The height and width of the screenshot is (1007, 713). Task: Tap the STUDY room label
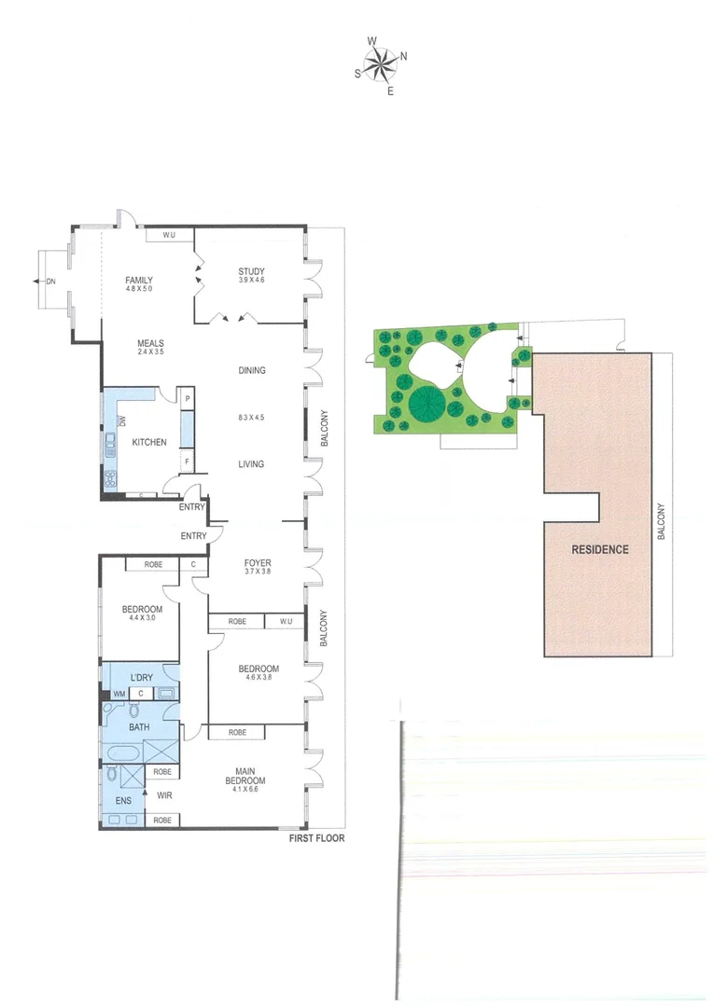click(251, 271)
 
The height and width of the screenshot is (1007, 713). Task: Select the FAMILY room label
click(139, 280)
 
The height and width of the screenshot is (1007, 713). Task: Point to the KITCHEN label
click(149, 442)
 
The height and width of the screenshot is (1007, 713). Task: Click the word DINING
click(251, 370)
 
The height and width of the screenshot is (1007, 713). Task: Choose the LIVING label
click(251, 463)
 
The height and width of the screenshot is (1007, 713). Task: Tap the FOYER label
click(257, 563)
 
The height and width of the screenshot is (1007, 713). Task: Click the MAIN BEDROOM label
click(251, 776)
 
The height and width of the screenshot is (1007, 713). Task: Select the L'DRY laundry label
click(142, 676)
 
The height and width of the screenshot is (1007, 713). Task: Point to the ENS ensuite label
click(123, 801)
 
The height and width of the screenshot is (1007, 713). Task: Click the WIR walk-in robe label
click(163, 796)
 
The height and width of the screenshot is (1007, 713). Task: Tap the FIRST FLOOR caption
click(317, 838)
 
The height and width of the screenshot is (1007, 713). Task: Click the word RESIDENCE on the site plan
click(600, 549)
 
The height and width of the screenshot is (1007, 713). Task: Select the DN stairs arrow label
click(51, 280)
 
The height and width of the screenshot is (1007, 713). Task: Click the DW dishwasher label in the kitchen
click(122, 421)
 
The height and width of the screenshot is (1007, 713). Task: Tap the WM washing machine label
click(119, 694)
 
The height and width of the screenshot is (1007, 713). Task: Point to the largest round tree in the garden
click(426, 403)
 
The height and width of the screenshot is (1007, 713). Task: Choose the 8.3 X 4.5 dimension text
click(251, 417)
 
